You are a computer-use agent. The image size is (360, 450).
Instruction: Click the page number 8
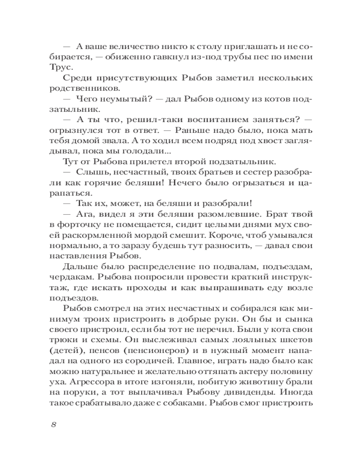coord(53,425)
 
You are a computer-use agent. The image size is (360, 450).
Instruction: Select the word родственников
coord(74,89)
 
